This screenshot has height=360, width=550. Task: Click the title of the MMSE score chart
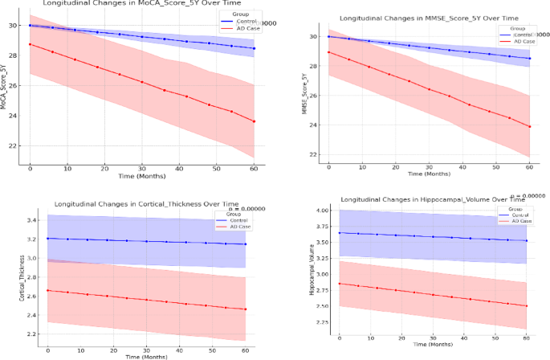tap(406, 16)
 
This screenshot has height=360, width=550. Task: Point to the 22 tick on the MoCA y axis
tap(11, 145)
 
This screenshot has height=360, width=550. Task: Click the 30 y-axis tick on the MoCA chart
tap(11, 26)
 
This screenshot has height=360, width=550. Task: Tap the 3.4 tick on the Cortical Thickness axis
tap(32, 220)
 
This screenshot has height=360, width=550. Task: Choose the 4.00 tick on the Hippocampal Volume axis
tap(323, 211)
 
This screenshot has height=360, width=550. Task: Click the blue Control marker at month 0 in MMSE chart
tap(328, 36)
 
